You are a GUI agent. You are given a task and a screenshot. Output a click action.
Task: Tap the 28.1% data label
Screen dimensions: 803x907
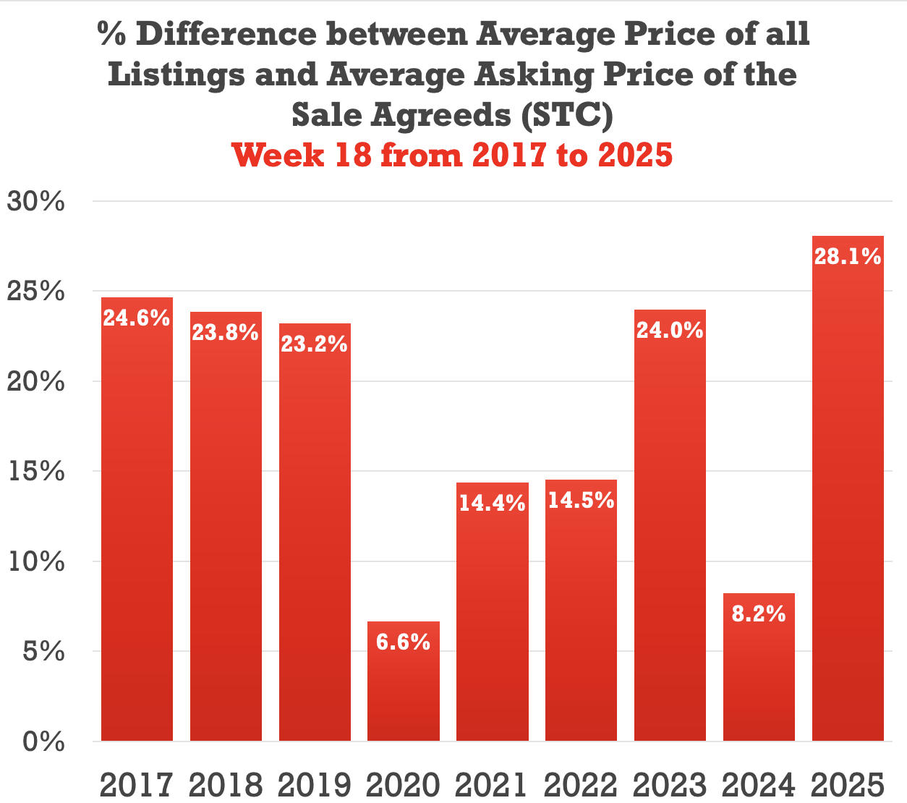(x=848, y=256)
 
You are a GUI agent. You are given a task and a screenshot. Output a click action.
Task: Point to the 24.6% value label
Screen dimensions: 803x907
(x=137, y=318)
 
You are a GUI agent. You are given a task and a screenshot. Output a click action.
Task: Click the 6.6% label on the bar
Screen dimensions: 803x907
(x=403, y=642)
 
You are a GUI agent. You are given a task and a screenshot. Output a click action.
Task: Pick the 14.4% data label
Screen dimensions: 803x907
(x=492, y=503)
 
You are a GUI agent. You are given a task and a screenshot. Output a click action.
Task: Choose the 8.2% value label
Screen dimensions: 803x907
(x=759, y=613)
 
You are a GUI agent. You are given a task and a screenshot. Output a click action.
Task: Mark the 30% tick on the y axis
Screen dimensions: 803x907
(x=36, y=202)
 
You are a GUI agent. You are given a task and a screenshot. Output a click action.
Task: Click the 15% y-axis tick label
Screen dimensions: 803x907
(x=36, y=472)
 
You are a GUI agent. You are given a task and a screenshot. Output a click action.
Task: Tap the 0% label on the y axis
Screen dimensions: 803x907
(x=43, y=742)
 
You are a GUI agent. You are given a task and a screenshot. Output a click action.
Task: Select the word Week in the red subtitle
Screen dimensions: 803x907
(x=278, y=155)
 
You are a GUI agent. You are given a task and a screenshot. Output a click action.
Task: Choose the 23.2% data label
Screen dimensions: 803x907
(x=315, y=344)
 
